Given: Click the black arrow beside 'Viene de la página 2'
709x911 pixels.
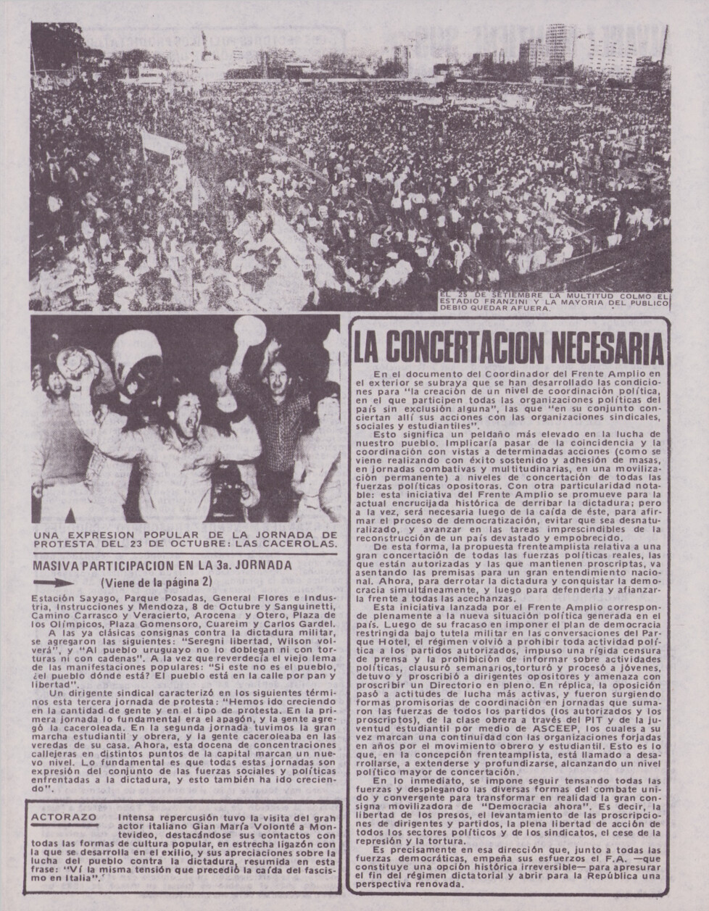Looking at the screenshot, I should pyautogui.click(x=54, y=581).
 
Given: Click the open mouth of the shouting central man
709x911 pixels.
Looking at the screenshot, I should pyautogui.click(x=175, y=423).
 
